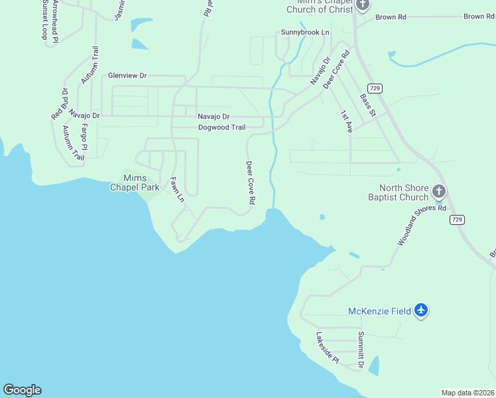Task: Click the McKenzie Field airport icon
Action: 421,310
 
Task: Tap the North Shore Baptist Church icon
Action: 438,192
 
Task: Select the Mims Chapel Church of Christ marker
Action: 361,5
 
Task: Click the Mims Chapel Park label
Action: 135,182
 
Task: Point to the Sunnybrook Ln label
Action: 305,32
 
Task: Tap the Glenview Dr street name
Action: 127,76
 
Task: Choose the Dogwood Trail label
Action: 221,127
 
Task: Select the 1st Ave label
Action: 346,121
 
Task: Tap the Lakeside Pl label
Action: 328,348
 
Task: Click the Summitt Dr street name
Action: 361,350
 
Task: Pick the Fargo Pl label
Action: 84,137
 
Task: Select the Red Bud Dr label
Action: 60,104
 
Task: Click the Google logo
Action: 22,390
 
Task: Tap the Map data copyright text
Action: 467,393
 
